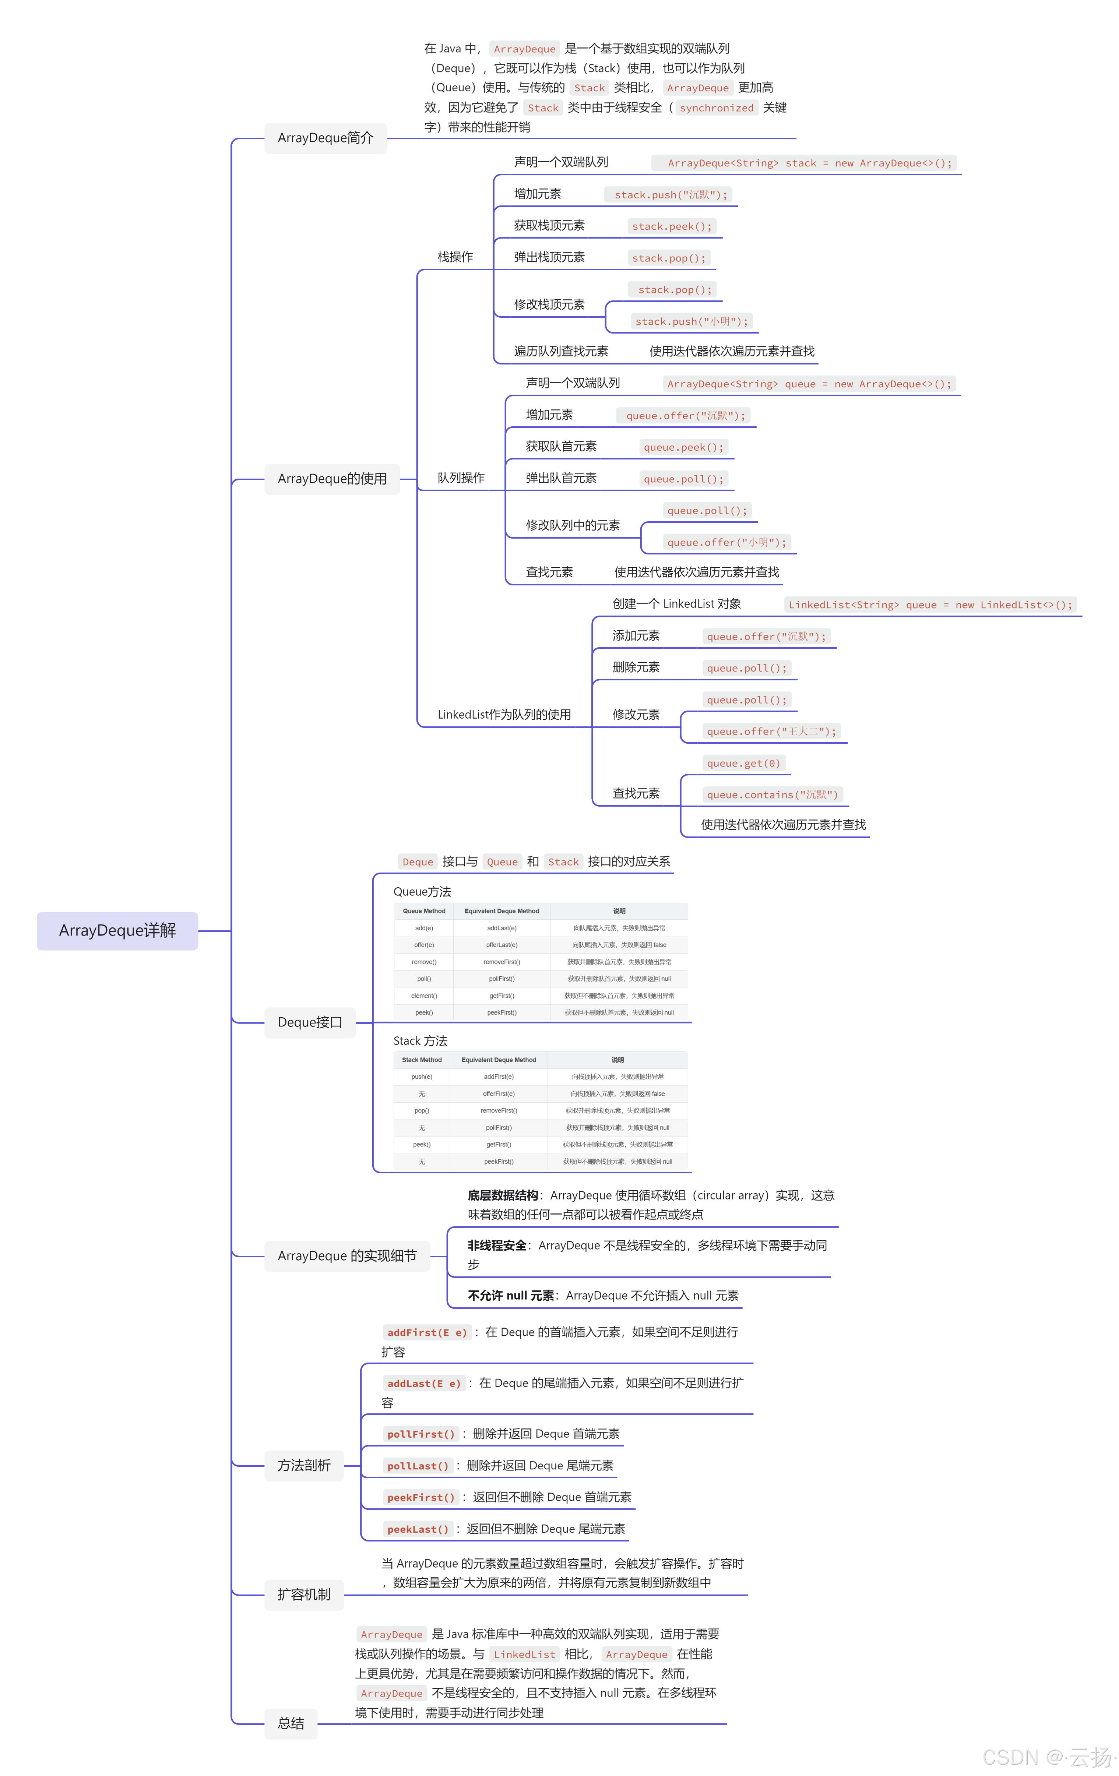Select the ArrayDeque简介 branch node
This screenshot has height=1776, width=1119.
click(x=325, y=138)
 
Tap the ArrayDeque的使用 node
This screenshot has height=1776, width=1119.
click(x=332, y=479)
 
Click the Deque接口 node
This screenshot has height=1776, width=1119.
click(x=310, y=1022)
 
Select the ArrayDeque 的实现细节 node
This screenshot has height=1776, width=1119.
click(x=347, y=1255)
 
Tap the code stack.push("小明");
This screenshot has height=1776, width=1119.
click(x=691, y=321)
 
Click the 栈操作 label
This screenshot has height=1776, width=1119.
click(x=455, y=257)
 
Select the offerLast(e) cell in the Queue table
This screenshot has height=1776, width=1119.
click(x=502, y=945)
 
